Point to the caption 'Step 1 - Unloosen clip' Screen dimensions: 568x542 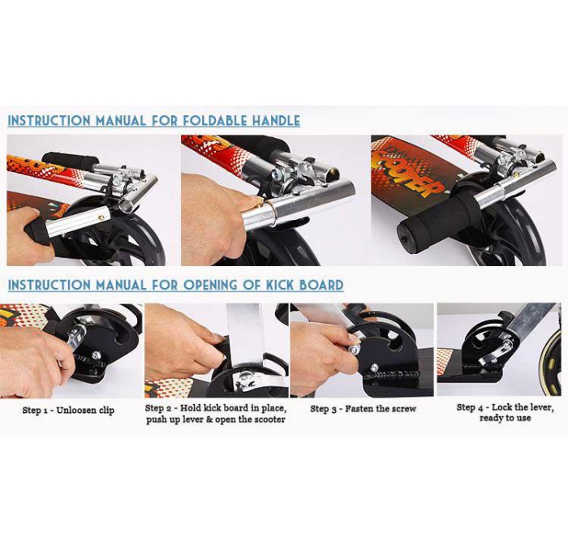pos(68,411)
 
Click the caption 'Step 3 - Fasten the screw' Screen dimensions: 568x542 pos(363,409)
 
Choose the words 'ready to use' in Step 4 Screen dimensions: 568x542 pos(505,418)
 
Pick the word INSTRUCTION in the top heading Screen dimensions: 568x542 pos(49,121)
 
